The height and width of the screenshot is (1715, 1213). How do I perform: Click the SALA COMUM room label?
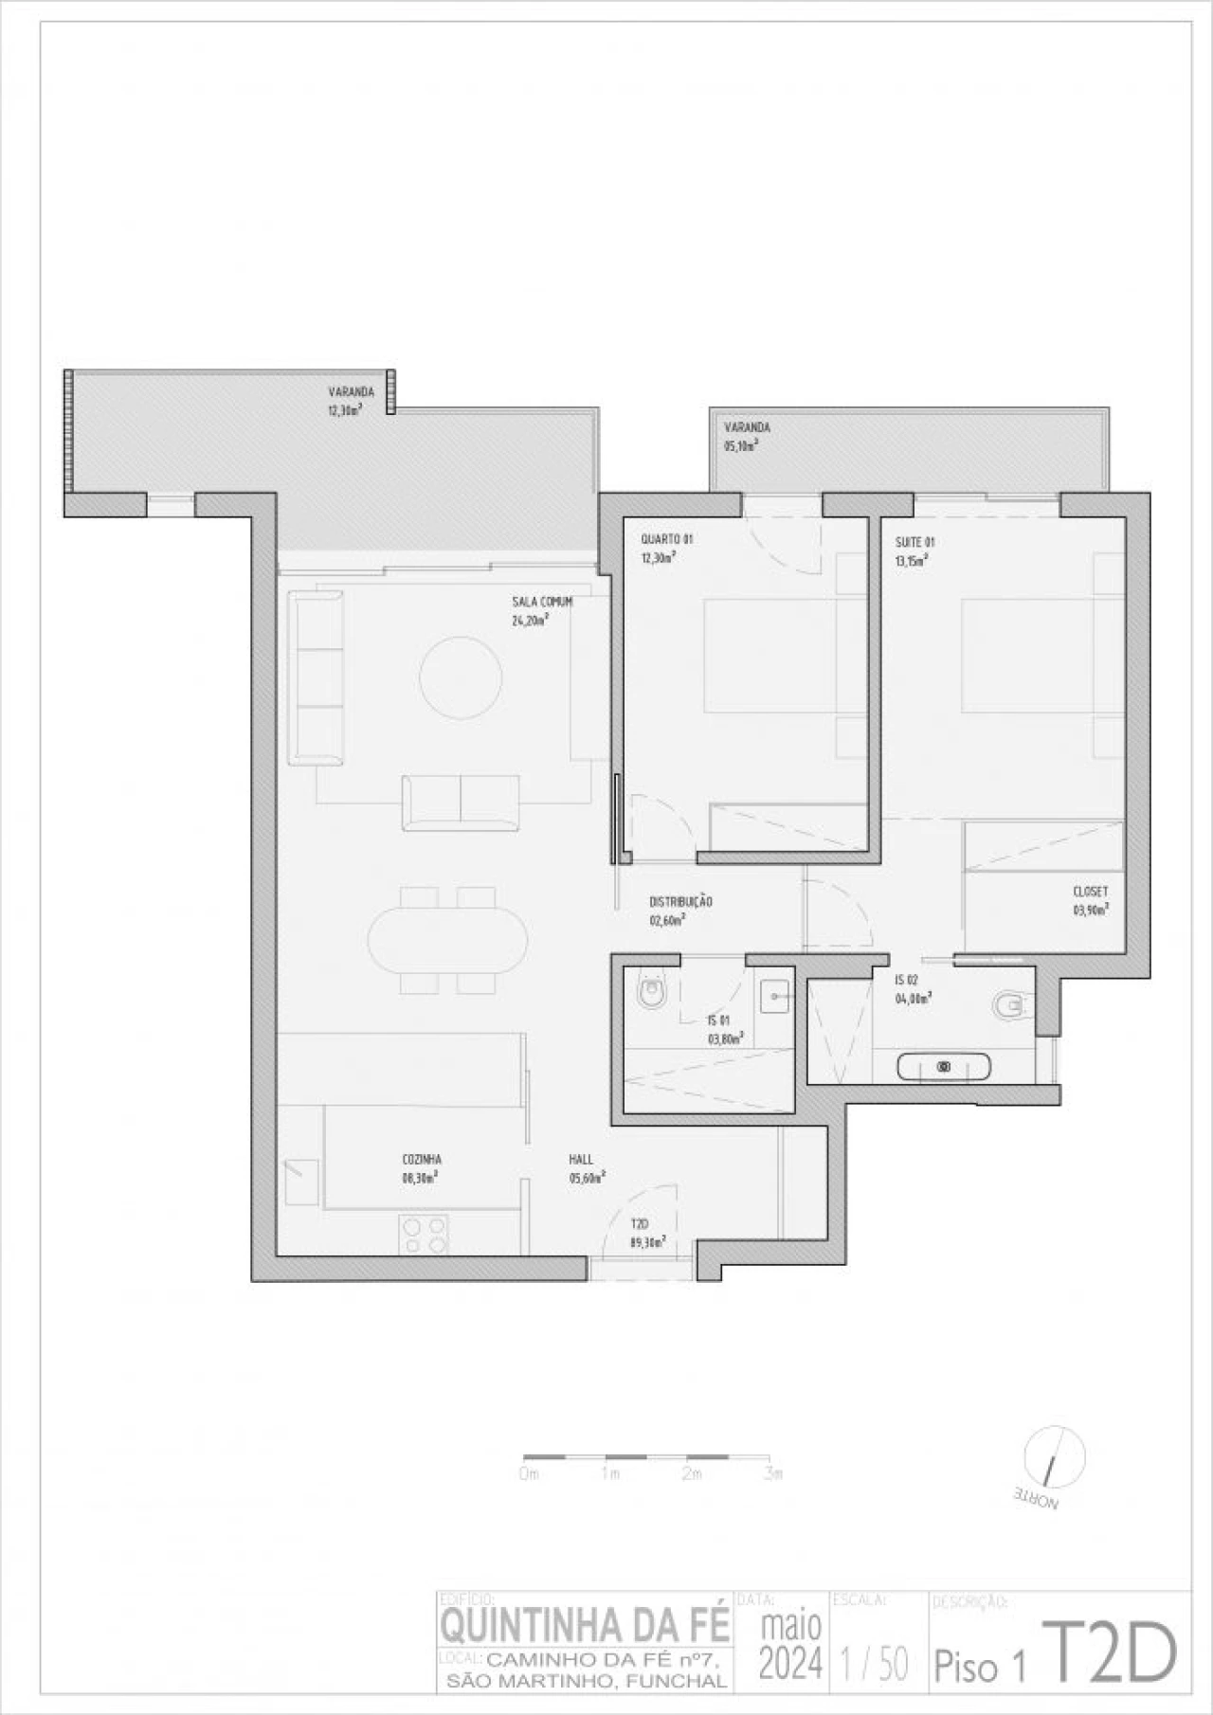pos(542,602)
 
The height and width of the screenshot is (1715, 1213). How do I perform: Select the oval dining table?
pos(448,940)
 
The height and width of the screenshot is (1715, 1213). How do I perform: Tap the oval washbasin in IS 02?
pos(944,1067)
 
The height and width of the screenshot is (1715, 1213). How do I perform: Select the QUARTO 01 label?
pos(666,539)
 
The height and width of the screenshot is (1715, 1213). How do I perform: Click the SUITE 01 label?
pos(915,543)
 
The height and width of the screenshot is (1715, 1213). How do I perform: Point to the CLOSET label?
pos(1090,892)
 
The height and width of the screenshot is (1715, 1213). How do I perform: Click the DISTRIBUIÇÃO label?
pos(680,901)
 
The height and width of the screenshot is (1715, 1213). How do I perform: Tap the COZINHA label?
pos(422,1159)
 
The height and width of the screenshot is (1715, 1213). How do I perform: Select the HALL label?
pos(581,1159)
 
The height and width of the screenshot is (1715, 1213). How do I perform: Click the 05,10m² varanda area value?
pos(741,445)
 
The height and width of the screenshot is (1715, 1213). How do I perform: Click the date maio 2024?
pos(791,1645)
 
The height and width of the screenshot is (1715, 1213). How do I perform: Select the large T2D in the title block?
pos(1110,1651)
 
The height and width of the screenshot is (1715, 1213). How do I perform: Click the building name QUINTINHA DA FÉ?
pos(586,1626)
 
